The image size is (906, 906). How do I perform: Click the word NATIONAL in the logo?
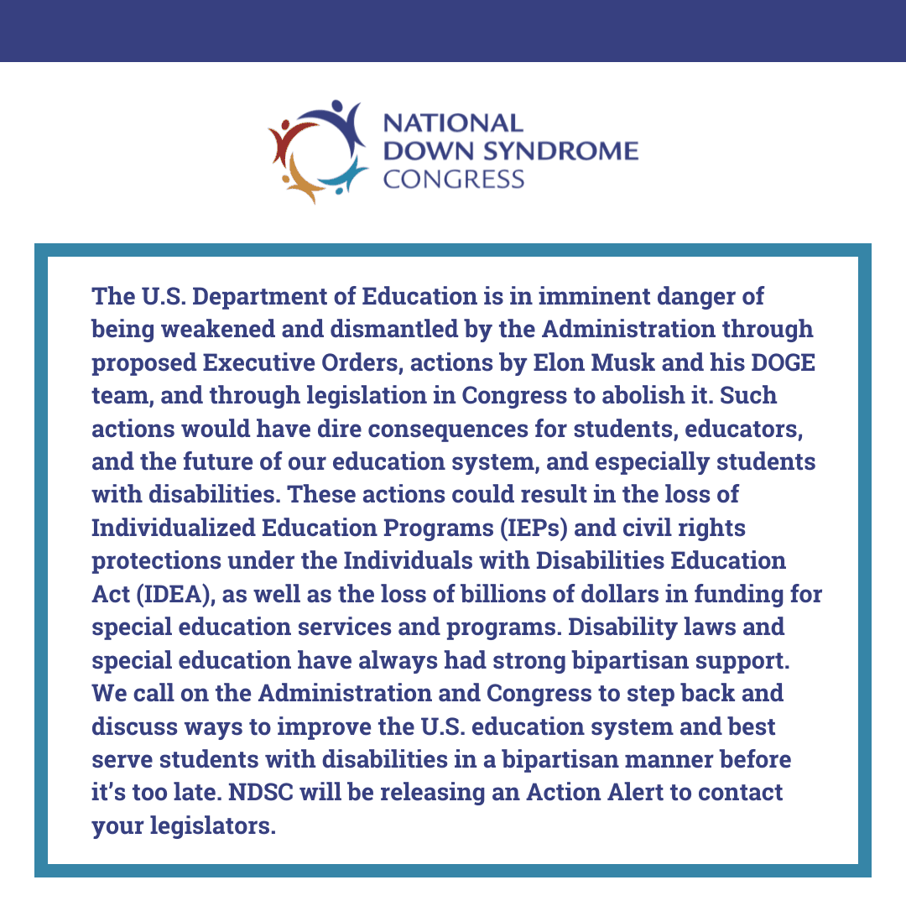tap(452, 123)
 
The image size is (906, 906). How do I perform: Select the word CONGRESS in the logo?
tap(453, 179)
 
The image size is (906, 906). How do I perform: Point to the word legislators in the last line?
tap(221, 826)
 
